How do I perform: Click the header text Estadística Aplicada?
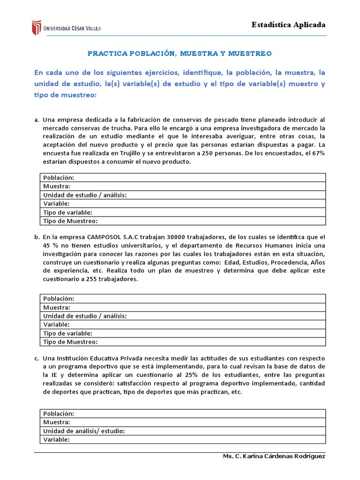click(288, 25)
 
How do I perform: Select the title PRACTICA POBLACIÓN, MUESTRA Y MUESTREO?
click(180, 53)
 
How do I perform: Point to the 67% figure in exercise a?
click(317, 153)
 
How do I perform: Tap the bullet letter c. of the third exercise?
click(37, 359)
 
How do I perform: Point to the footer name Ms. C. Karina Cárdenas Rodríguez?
click(272, 457)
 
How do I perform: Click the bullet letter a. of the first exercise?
click(37, 120)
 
